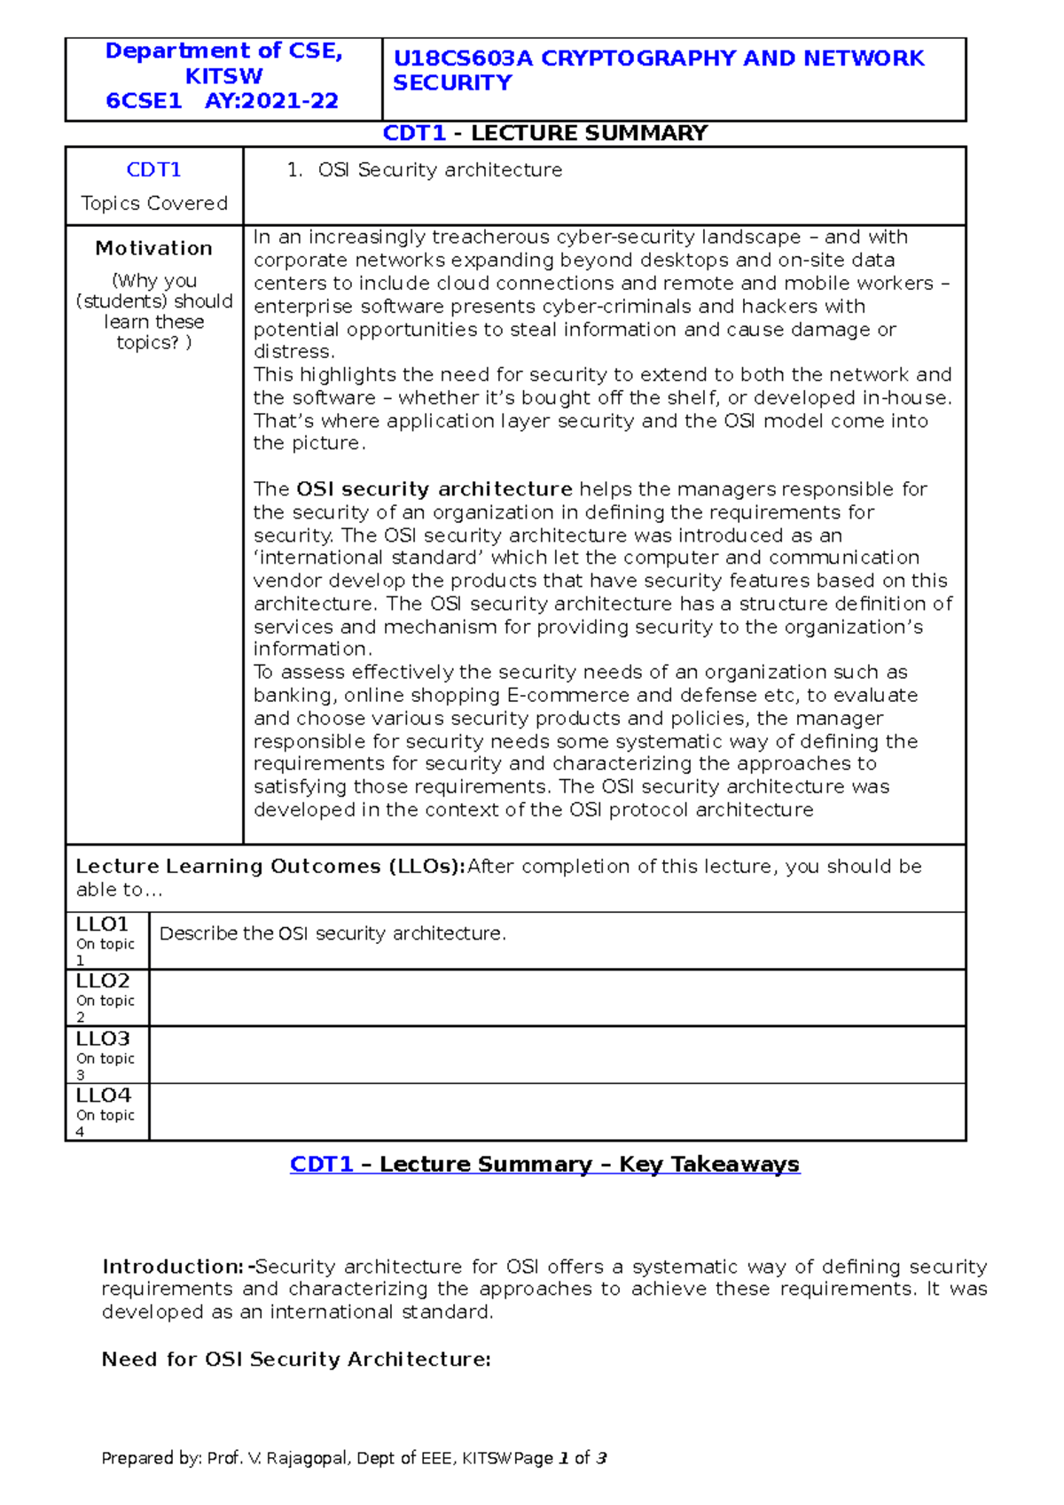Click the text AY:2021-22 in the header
click(x=271, y=101)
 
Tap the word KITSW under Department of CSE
click(x=223, y=76)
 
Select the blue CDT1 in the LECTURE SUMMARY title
click(x=414, y=133)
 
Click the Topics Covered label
click(x=154, y=203)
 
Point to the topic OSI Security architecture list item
click(x=440, y=170)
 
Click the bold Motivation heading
click(x=154, y=248)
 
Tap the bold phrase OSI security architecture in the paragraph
click(x=434, y=489)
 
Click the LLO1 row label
click(x=102, y=924)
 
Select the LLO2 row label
click(x=102, y=981)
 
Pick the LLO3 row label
click(x=102, y=1038)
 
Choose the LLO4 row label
click(x=102, y=1096)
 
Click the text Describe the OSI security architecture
click(x=332, y=933)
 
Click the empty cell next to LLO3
click(x=557, y=1055)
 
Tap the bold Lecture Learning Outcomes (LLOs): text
click(x=270, y=866)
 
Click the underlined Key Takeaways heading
click(x=708, y=1164)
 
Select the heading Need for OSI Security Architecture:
click(x=296, y=1360)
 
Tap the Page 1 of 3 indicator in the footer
click(x=560, y=1458)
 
